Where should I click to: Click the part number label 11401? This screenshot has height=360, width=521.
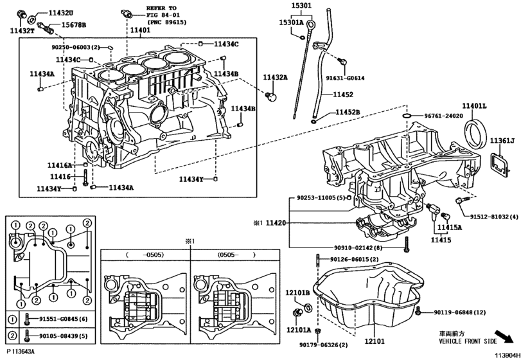point(140,30)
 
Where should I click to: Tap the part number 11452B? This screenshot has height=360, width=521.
point(346,113)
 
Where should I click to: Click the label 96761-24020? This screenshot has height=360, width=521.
point(443,116)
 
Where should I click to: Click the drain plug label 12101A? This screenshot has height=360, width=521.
point(299,330)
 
